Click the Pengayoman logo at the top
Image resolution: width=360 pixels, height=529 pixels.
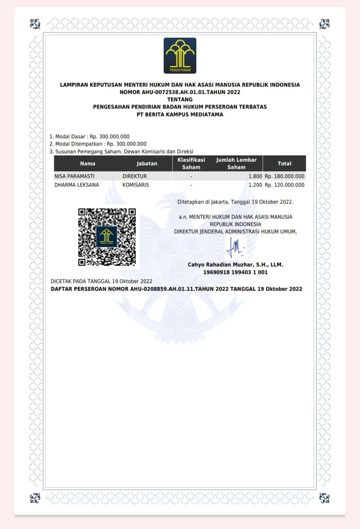[x=180, y=55]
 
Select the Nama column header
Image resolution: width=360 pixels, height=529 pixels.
[x=88, y=164]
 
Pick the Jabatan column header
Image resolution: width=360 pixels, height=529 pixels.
[x=147, y=164]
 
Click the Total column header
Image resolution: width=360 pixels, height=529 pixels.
[x=284, y=164]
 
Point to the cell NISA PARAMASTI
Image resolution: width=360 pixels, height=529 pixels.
[x=74, y=176]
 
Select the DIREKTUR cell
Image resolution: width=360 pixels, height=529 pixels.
[x=135, y=176]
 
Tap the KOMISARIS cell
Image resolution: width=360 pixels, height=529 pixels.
[x=136, y=184]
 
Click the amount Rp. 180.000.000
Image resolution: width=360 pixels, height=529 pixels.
[x=285, y=176]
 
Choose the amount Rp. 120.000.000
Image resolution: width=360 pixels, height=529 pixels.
[x=285, y=184]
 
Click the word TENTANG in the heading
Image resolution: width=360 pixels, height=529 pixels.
[x=180, y=99]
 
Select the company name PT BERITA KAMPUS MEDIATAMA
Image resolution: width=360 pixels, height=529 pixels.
[x=180, y=115]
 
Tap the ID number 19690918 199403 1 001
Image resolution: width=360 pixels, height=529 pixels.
[x=236, y=272]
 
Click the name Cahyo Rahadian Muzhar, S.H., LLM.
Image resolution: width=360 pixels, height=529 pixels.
[x=236, y=264]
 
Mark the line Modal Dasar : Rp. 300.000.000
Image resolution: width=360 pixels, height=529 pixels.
[x=89, y=136]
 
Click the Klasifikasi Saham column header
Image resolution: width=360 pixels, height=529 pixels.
[x=191, y=164]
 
